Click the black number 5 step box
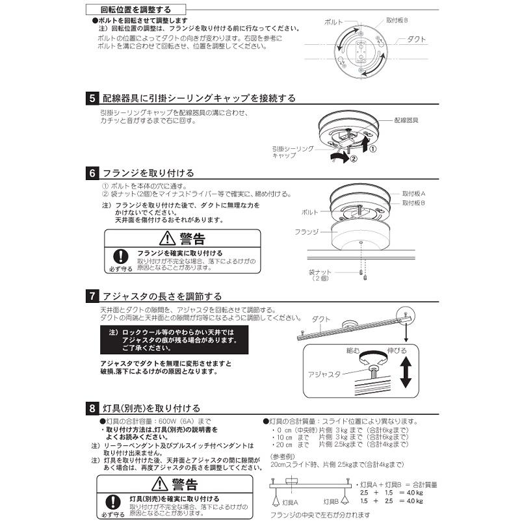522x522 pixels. pyautogui.click(x=92, y=99)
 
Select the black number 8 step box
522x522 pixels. pyautogui.click(x=92, y=408)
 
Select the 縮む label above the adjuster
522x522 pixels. pyautogui.click(x=353, y=350)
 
